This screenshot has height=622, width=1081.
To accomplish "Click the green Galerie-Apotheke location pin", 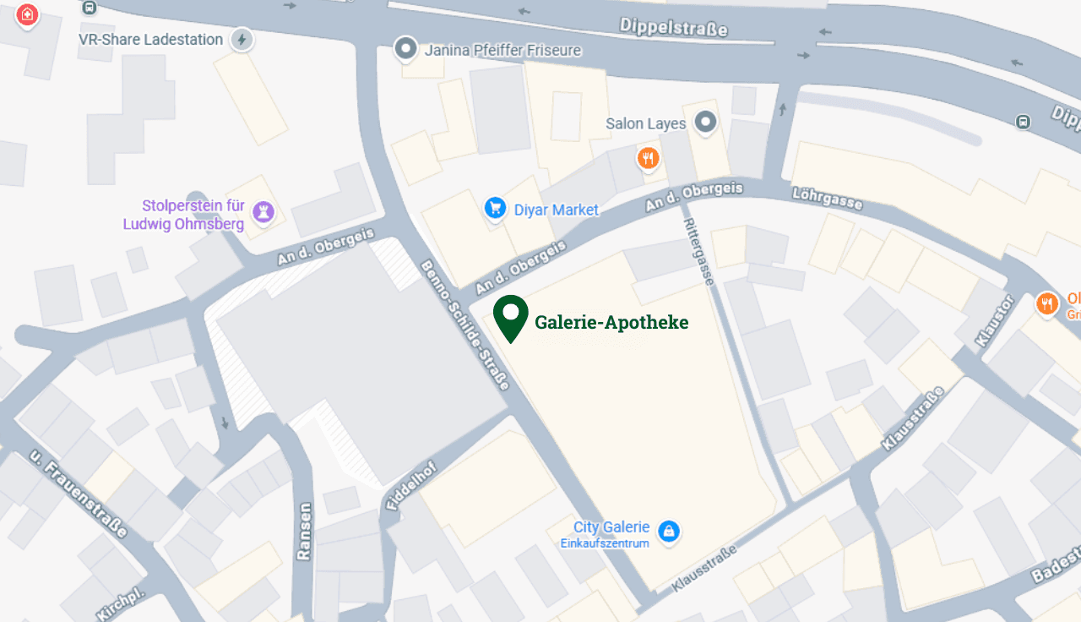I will (x=511, y=317).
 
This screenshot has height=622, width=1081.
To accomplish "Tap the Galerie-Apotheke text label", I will (x=611, y=322).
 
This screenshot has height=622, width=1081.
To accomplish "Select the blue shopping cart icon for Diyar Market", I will (x=495, y=207).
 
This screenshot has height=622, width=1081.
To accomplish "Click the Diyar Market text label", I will (x=556, y=210).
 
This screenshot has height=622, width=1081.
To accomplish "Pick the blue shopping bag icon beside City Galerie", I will (x=669, y=532).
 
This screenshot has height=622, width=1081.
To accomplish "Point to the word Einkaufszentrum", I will (x=605, y=543).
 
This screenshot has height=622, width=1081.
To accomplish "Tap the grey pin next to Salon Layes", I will (x=705, y=123).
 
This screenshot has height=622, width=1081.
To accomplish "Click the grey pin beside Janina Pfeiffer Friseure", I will (x=406, y=48).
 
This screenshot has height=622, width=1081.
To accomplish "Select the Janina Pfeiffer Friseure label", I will (x=502, y=51).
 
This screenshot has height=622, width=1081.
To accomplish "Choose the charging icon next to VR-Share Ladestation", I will (x=242, y=40).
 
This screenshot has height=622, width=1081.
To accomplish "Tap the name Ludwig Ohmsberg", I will (x=183, y=225).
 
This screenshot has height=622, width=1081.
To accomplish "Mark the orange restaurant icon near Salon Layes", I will (x=648, y=158).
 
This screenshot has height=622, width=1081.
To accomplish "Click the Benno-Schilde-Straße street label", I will (x=465, y=325).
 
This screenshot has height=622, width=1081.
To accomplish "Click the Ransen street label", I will (x=304, y=531).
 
